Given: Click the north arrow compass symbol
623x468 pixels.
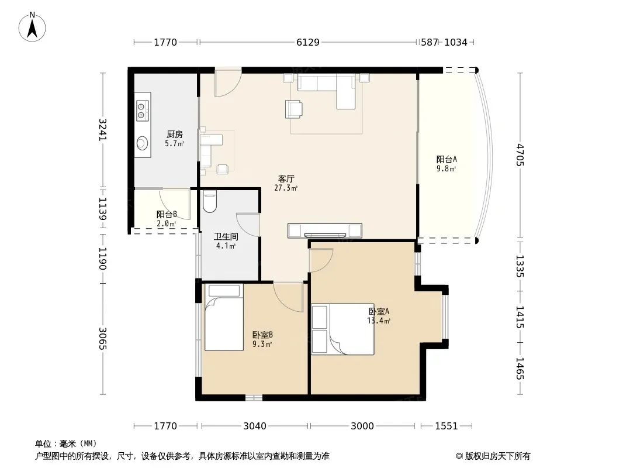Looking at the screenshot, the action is click(32, 27).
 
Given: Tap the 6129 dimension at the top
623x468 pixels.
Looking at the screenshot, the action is click(308, 42).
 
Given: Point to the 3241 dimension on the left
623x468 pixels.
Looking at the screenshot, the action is click(103, 129).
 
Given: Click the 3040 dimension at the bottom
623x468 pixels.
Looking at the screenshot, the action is click(255, 426).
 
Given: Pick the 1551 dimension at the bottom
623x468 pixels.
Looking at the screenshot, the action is click(447, 426).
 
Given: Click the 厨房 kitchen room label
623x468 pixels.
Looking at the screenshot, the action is click(174, 135).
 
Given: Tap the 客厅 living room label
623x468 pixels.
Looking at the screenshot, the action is click(286, 179).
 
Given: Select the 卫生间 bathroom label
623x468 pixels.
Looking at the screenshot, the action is click(226, 236).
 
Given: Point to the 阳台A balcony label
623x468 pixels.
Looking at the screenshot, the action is click(447, 160).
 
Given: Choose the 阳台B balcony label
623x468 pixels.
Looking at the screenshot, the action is click(167, 214).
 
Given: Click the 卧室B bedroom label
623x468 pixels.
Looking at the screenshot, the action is click(262, 335).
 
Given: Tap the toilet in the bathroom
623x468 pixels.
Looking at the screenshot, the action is click(209, 201).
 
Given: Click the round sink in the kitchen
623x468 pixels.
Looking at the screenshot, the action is click(142, 143).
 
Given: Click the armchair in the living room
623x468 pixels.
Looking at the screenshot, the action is click(293, 109).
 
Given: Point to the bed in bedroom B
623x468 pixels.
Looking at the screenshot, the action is click(224, 317).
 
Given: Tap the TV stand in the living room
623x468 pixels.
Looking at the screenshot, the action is click(324, 230).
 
